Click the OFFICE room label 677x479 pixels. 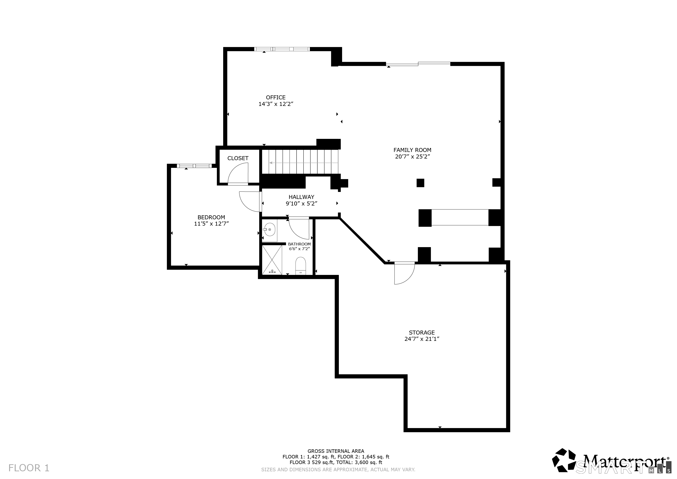(276, 97)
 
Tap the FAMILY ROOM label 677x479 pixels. (412, 150)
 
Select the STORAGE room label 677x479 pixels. (422, 332)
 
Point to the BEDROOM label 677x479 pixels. (211, 217)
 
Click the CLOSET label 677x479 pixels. (238, 158)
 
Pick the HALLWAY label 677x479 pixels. (301, 197)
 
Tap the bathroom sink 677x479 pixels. (269, 230)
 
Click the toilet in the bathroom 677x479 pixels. (301, 266)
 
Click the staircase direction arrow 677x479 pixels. (304, 163)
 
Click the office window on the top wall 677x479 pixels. (282, 49)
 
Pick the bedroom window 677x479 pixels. (194, 166)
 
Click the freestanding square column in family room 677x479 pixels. (420, 183)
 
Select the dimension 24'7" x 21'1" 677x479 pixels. (422, 339)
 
